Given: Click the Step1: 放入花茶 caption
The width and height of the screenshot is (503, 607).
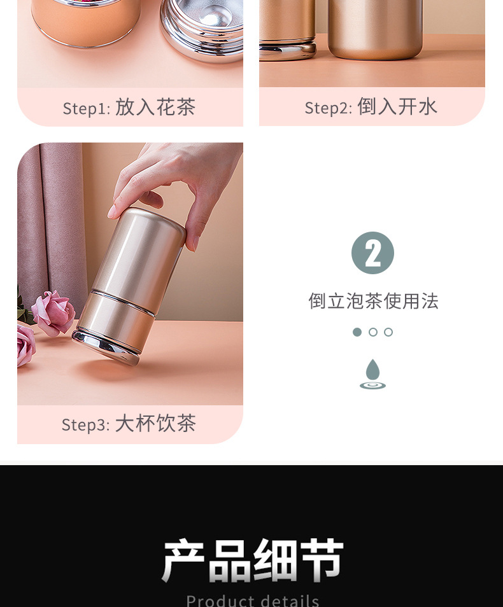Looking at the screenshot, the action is pyautogui.click(x=129, y=108).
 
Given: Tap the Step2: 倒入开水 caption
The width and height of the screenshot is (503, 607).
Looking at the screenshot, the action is pyautogui.click(x=371, y=106).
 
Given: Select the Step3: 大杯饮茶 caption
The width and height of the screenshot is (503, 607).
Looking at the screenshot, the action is pyautogui.click(x=129, y=423).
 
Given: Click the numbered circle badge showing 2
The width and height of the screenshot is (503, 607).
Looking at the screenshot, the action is pyautogui.click(x=373, y=253).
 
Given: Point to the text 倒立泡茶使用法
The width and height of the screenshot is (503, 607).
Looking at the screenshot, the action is pyautogui.click(x=373, y=301).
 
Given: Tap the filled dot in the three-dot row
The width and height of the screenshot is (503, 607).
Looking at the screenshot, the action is pyautogui.click(x=357, y=332).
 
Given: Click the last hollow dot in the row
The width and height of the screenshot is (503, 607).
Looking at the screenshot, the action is pyautogui.click(x=388, y=332).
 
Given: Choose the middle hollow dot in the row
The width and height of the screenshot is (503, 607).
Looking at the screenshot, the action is pyautogui.click(x=373, y=332).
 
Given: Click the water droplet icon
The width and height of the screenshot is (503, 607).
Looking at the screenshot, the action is pyautogui.click(x=373, y=373).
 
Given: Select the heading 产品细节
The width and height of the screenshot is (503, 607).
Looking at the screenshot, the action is pyautogui.click(x=253, y=560).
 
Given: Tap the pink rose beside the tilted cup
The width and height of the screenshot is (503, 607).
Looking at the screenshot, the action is pyautogui.click(x=54, y=313).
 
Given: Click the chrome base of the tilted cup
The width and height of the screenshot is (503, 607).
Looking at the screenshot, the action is pyautogui.click(x=106, y=346).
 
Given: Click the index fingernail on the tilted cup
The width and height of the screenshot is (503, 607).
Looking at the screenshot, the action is pyautogui.click(x=111, y=211).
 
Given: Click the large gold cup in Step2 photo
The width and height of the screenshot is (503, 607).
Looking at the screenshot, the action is pyautogui.click(x=375, y=29).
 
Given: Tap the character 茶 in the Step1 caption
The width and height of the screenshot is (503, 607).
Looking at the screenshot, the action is pyautogui.click(x=186, y=108).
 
